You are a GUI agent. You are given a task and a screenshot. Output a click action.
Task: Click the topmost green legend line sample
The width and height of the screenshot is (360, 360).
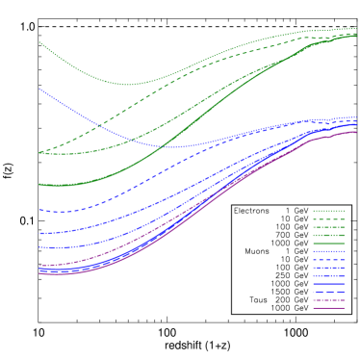pyautogui.click(x=328, y=211)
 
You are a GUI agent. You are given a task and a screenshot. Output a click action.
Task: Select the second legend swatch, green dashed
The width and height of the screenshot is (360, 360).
pyautogui.click(x=328, y=219)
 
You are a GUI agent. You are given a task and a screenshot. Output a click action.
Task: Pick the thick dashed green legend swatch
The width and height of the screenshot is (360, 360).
pyautogui.click(x=328, y=235)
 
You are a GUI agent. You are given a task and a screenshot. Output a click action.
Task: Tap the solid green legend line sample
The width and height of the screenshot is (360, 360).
pyautogui.click(x=328, y=244)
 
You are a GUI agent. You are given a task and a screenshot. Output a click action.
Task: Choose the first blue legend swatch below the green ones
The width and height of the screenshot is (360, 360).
pyautogui.click(x=328, y=251)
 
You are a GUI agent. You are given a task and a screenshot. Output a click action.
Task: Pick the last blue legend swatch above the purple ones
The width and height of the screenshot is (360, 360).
pyautogui.click(x=328, y=292)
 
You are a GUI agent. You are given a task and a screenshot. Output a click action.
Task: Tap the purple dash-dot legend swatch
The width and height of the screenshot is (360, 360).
pyautogui.click(x=328, y=300)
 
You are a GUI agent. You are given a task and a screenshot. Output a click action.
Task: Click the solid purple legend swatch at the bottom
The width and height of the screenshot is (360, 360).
pyautogui.click(x=328, y=308)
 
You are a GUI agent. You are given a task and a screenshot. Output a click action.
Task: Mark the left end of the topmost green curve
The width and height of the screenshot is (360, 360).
pyautogui.click(x=39, y=42)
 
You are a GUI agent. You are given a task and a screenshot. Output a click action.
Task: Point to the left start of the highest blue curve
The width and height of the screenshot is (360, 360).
pyautogui.click(x=39, y=89)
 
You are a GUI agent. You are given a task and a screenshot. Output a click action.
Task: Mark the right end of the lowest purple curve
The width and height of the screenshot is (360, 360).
pyautogui.click(x=355, y=132)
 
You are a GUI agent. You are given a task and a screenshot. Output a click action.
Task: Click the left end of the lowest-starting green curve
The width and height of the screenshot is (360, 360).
pyautogui.click(x=39, y=184)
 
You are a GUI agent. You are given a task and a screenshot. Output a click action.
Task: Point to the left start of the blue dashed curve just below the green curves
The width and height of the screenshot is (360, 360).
pyautogui.click(x=39, y=210)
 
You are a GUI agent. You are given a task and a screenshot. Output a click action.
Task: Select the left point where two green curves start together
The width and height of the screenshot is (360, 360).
pyautogui.click(x=39, y=153)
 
